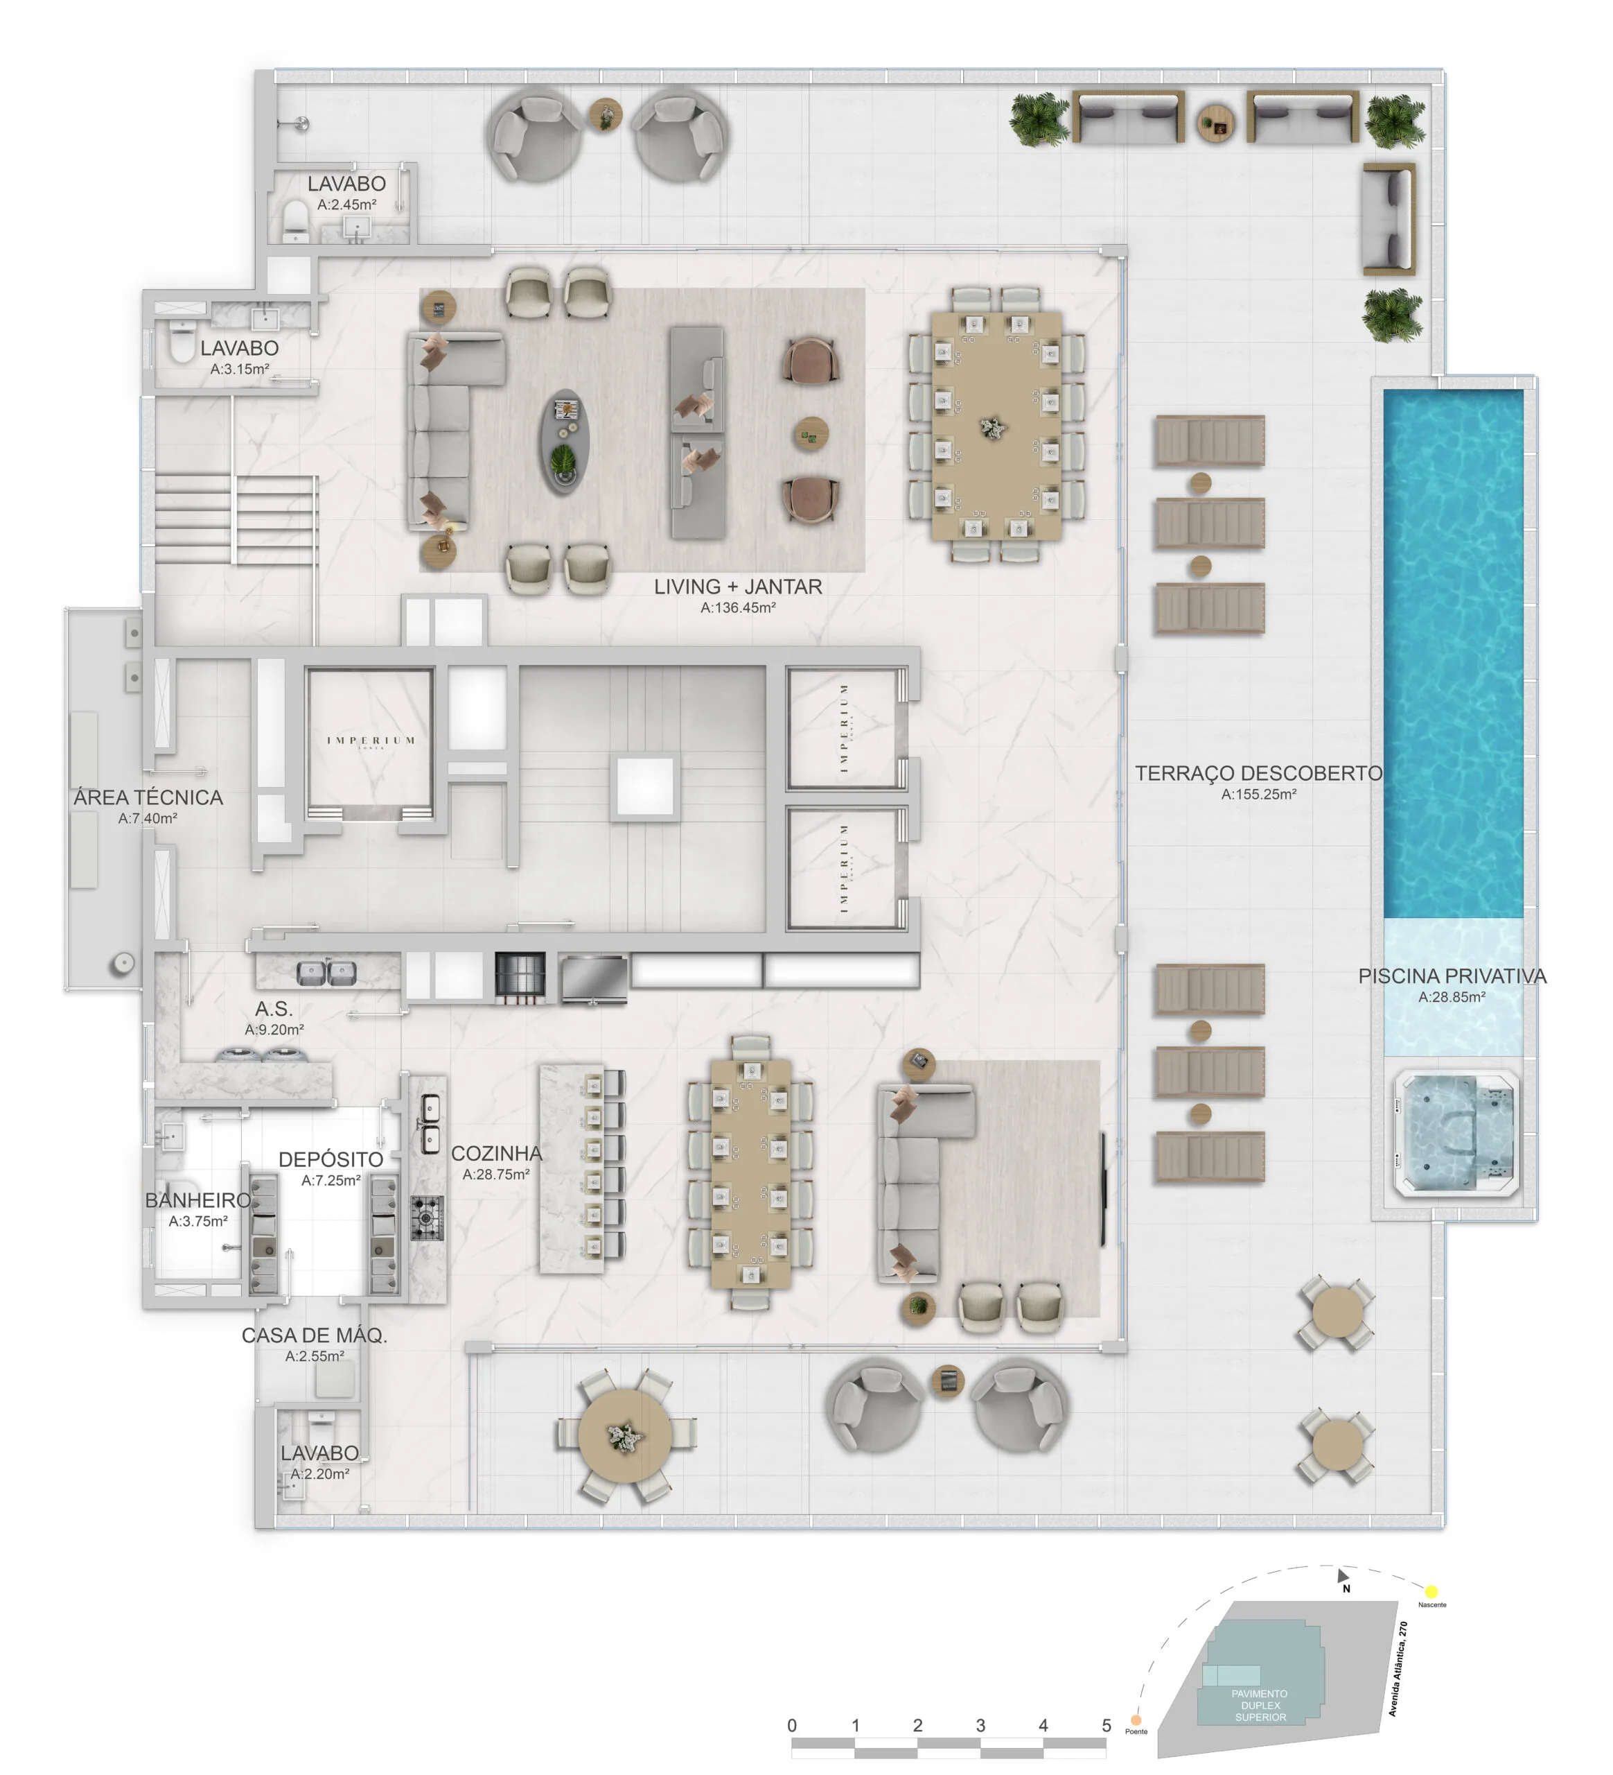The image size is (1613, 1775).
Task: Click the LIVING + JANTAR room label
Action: click(x=737, y=587)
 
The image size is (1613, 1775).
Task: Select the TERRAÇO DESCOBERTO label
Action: click(x=1258, y=773)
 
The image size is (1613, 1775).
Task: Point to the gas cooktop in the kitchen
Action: click(x=428, y=1218)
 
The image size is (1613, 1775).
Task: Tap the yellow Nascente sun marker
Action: click(x=1431, y=1591)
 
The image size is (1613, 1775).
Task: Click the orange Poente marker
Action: click(x=1135, y=1720)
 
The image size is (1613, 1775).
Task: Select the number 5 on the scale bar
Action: click(x=1106, y=1726)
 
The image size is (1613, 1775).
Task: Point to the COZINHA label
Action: click(x=496, y=1153)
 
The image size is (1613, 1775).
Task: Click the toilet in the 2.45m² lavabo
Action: click(x=294, y=219)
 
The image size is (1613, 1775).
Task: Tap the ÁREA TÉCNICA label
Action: click(x=148, y=797)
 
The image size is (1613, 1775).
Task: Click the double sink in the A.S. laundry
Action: click(x=326, y=972)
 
